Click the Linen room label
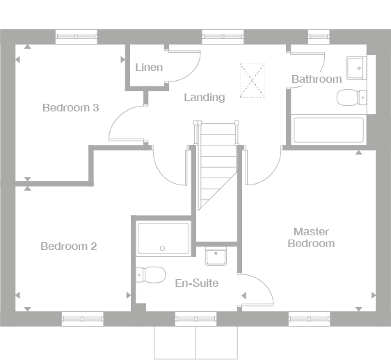click(149, 68)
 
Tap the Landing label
click(205, 97)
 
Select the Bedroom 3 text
click(71, 108)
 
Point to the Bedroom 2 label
click(69, 246)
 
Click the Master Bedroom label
click(311, 237)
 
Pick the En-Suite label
click(197, 283)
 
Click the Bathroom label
click(317, 79)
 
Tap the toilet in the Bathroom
click(351, 97)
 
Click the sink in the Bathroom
click(356, 68)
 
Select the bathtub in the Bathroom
click(328, 130)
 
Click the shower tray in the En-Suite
click(163, 239)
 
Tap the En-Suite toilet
click(150, 275)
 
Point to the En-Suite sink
click(216, 256)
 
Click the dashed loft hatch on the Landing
click(253, 80)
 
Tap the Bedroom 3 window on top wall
click(76, 37)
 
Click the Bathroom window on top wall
click(319, 37)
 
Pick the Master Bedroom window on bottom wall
click(309, 319)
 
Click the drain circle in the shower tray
click(162, 249)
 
